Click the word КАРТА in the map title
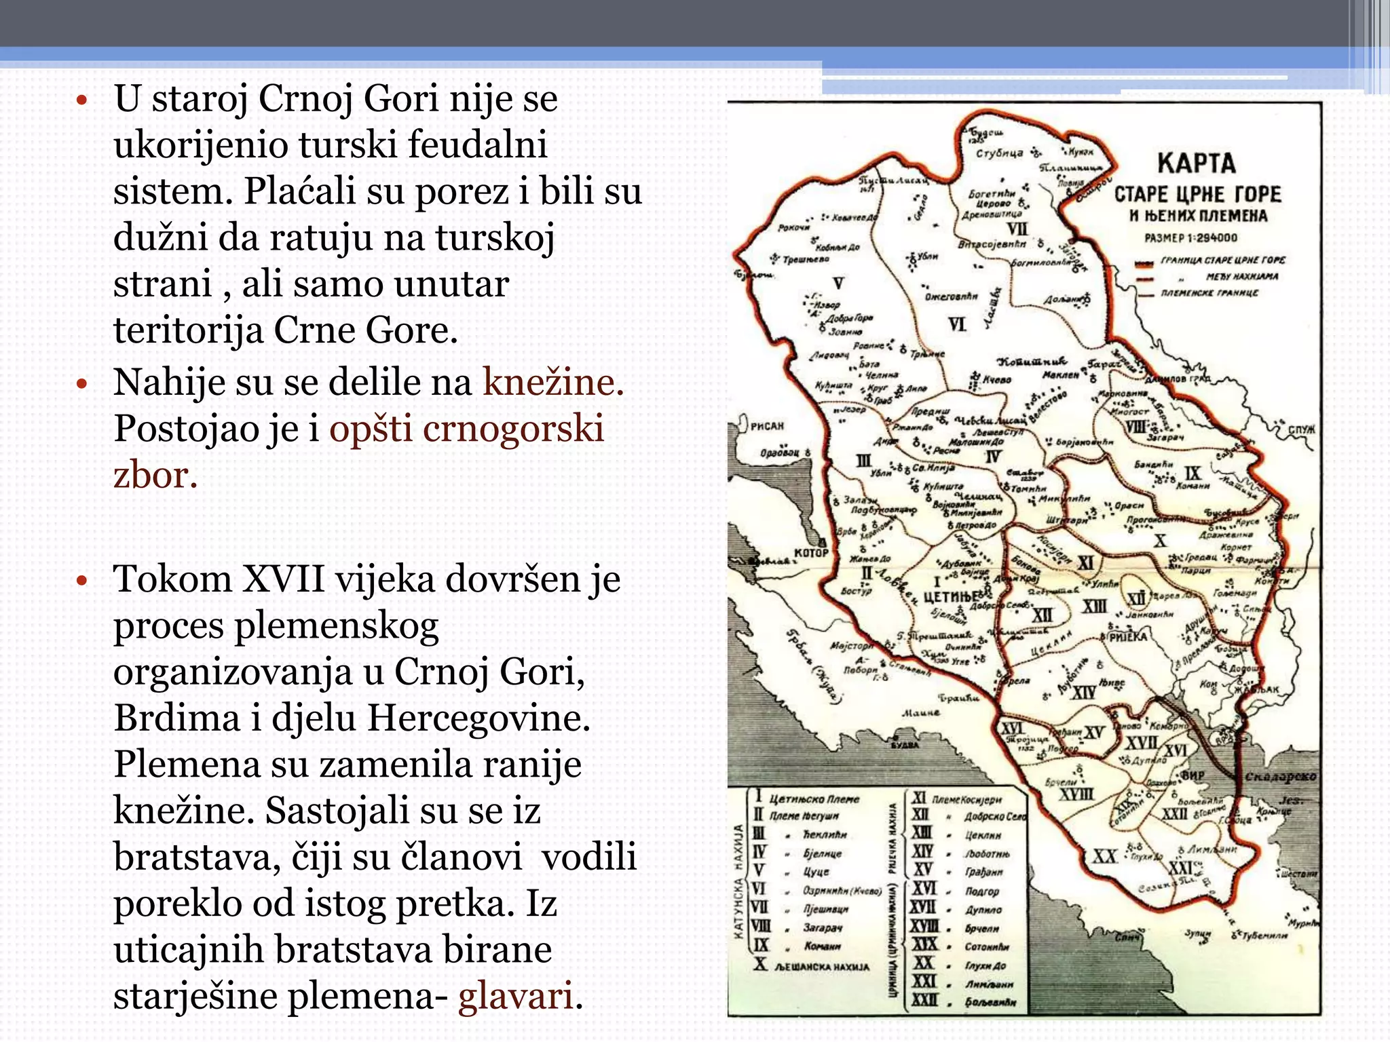tap(1196, 163)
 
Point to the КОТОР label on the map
tap(811, 552)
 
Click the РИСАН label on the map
tap(768, 426)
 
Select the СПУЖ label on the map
tap(1302, 429)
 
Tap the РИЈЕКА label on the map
tap(1127, 637)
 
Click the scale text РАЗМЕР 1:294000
tap(1190, 238)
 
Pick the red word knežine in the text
tap(552, 382)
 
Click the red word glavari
tap(515, 996)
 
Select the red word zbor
tap(155, 474)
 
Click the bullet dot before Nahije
tap(82, 384)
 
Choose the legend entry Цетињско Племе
tap(814, 799)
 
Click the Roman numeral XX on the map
tap(1104, 857)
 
